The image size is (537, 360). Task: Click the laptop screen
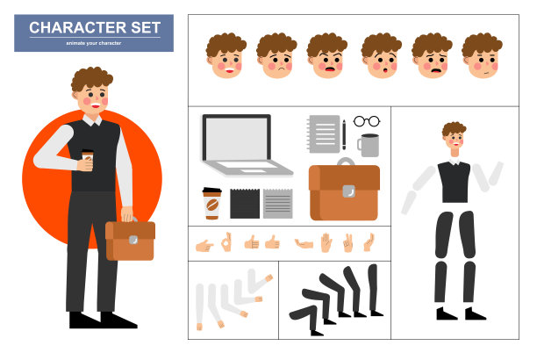click(x=237, y=139)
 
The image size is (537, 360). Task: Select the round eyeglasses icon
click(x=367, y=121)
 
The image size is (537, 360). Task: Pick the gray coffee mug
click(x=369, y=146)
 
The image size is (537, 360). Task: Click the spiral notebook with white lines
click(x=324, y=134)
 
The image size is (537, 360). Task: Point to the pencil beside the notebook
click(x=344, y=134)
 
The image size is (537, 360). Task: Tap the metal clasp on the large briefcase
click(x=348, y=191)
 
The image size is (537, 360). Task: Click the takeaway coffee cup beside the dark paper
click(x=212, y=204)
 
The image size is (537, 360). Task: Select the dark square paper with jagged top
click(x=245, y=204)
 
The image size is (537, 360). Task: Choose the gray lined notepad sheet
click(x=278, y=204)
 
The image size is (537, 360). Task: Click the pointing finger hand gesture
click(x=204, y=246)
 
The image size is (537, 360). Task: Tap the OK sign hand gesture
click(x=226, y=242)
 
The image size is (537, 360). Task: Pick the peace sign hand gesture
click(x=347, y=242)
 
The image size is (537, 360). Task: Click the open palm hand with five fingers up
click(x=326, y=242)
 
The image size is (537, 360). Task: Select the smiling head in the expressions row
click(x=226, y=55)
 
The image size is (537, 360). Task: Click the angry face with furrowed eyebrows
click(x=327, y=55)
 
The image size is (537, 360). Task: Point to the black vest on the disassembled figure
click(x=455, y=182)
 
